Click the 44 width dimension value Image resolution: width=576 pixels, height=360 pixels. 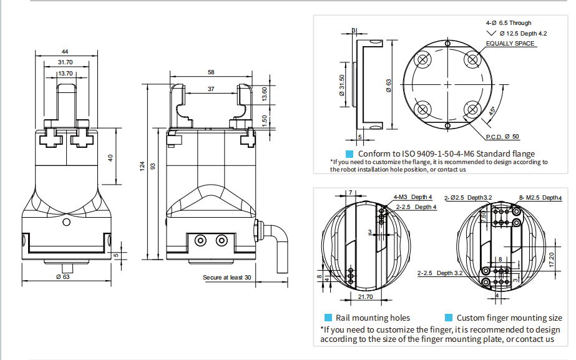coord(65,52)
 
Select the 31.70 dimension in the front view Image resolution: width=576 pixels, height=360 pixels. coord(65,62)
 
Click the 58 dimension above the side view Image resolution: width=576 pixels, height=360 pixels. coord(211,72)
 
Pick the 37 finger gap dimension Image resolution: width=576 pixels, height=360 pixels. coord(211,89)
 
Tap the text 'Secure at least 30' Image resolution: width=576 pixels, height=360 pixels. coord(227,277)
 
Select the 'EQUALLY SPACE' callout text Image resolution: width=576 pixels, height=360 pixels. coord(510,44)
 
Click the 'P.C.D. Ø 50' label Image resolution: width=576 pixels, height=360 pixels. coord(502,137)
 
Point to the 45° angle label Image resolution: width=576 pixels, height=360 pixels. coord(492,112)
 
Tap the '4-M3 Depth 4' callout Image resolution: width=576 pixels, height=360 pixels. coord(412,197)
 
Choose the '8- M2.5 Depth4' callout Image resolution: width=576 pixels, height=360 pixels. coord(540,198)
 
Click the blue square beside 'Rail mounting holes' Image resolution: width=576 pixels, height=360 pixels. coord(328,318)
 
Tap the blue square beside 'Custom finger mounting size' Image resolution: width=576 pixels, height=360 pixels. coord(449,318)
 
